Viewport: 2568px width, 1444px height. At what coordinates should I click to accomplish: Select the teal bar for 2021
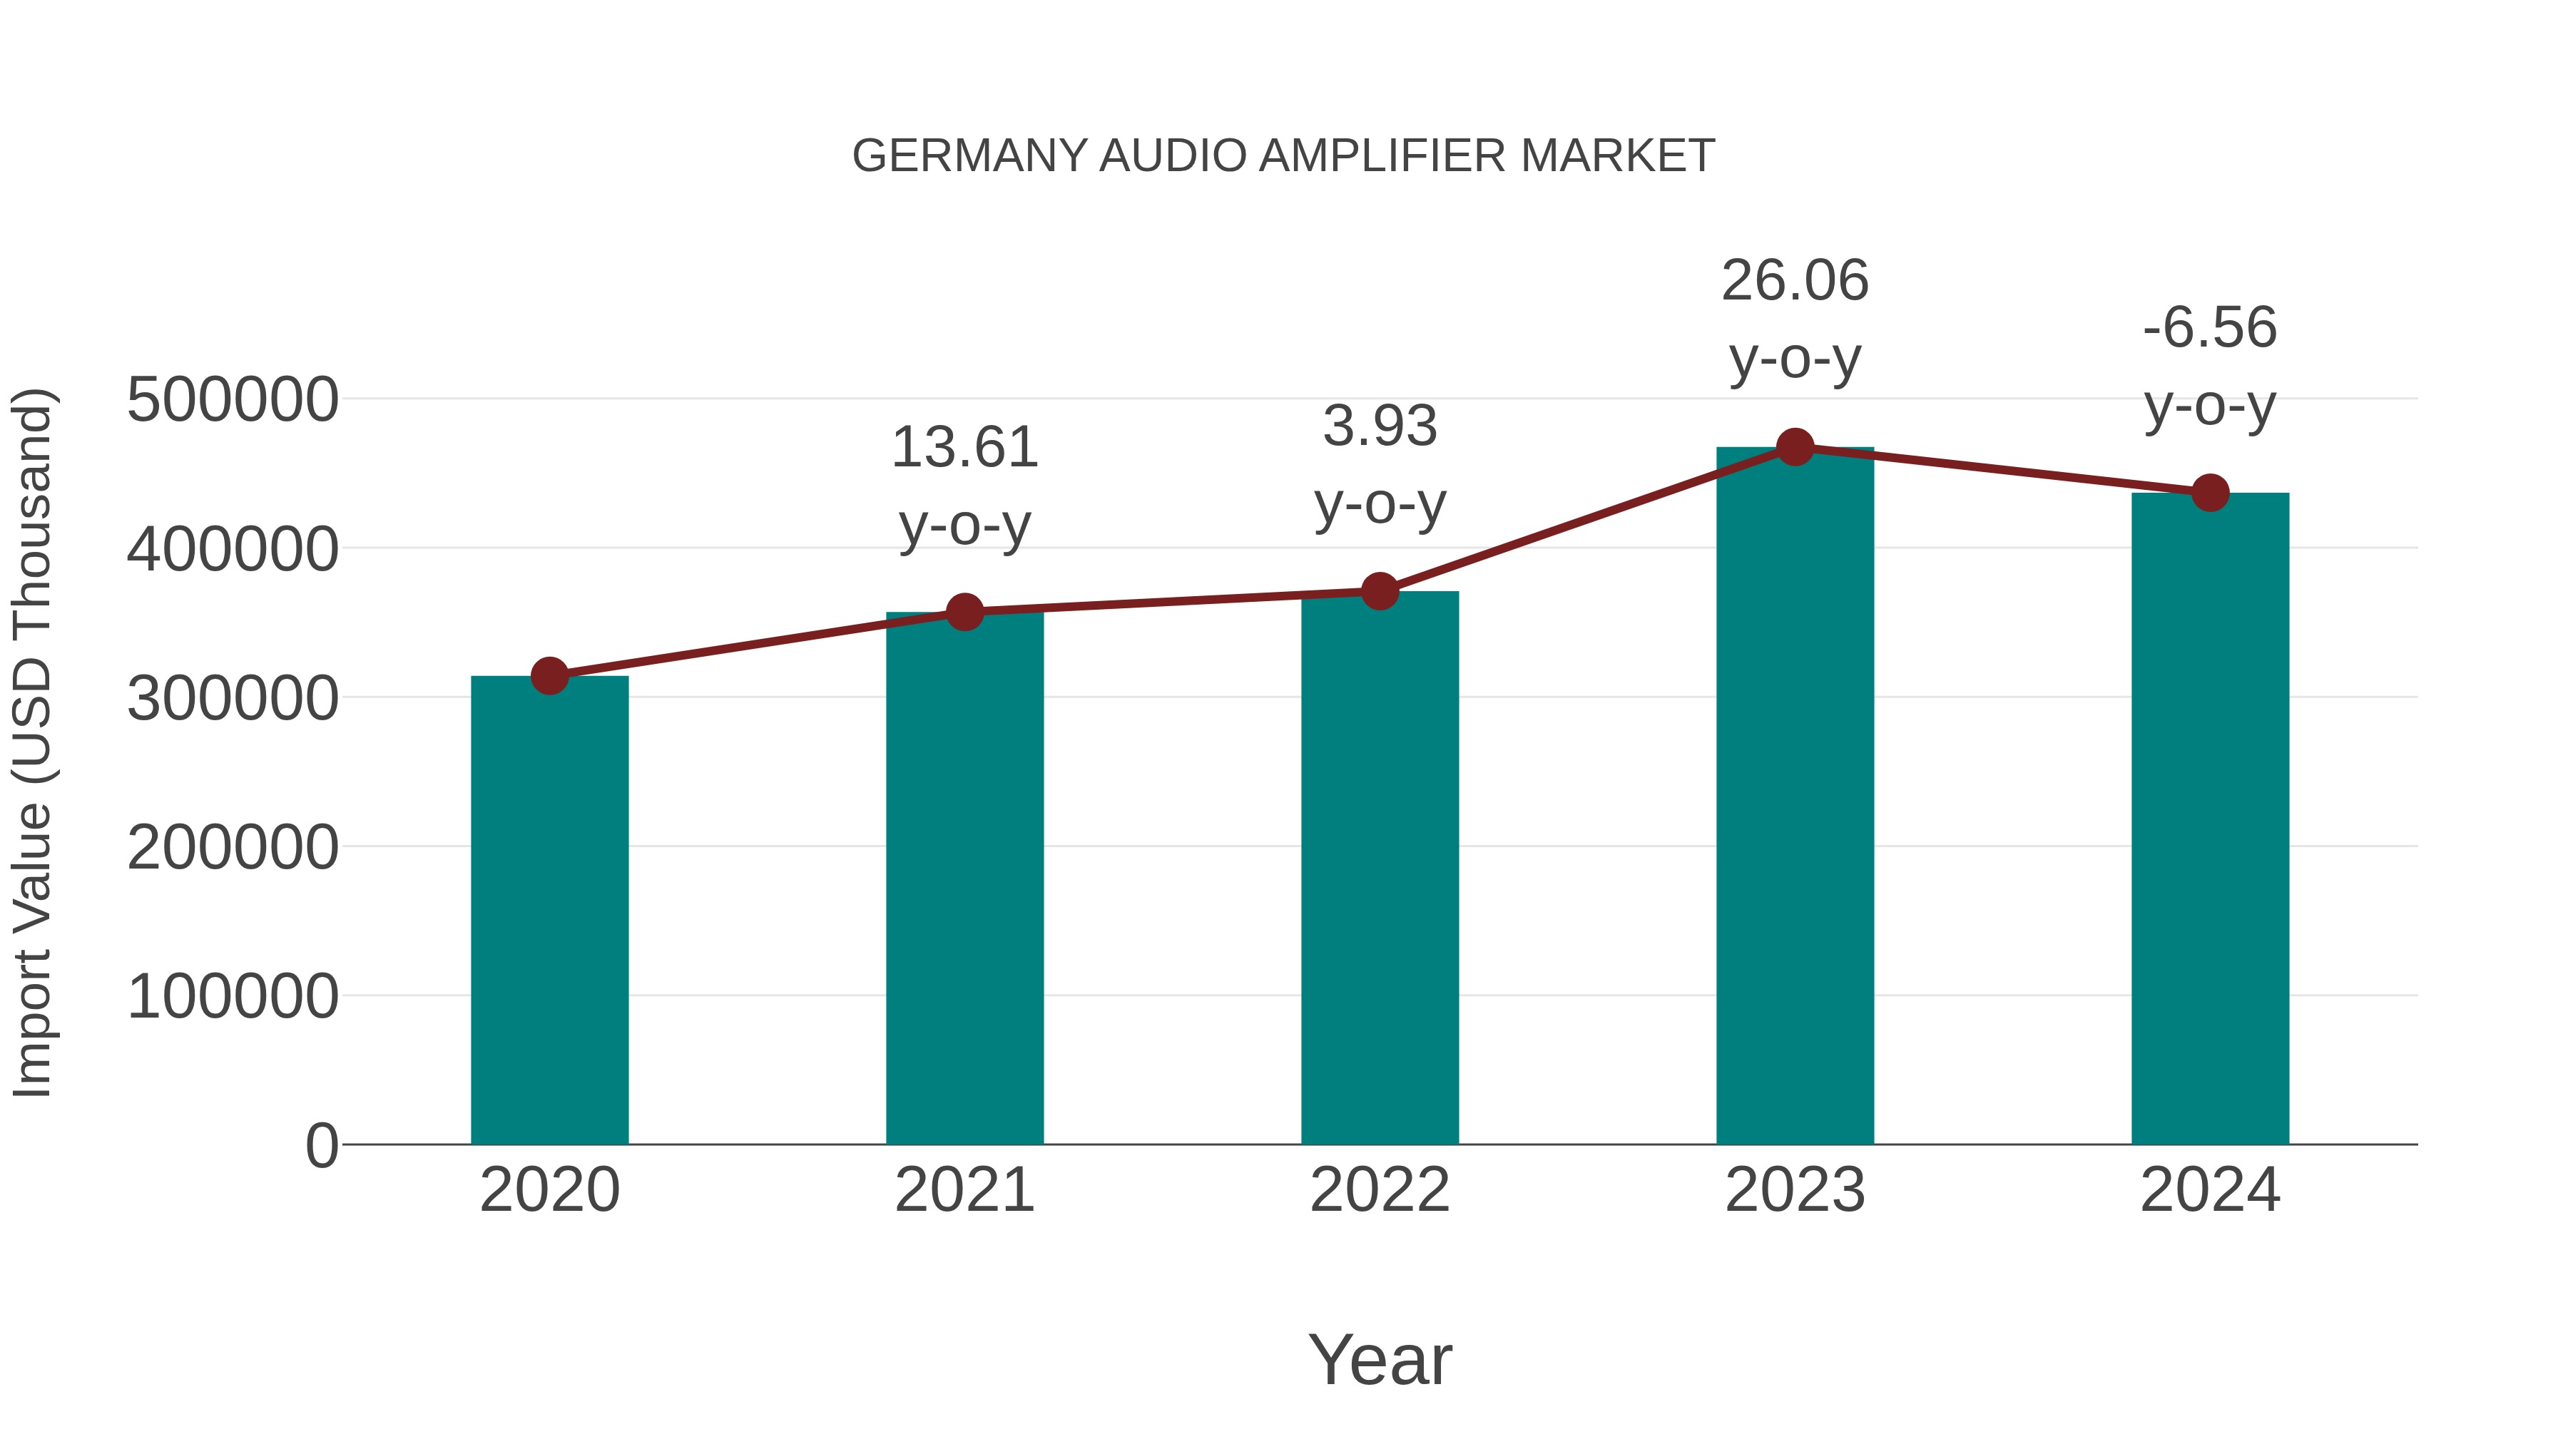(964, 877)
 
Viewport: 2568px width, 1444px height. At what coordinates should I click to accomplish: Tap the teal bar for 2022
(1380, 867)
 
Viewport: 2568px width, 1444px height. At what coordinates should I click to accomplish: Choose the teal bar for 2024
(2210, 817)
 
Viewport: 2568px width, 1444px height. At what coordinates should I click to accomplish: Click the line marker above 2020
(549, 676)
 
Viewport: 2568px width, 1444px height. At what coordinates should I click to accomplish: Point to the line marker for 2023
(1795, 447)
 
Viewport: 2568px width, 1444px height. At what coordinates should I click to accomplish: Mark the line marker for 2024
(2210, 492)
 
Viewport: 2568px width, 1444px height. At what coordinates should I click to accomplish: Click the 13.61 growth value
(964, 447)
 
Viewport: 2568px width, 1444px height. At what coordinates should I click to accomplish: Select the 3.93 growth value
(1380, 426)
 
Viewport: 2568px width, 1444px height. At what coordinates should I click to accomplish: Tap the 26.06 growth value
(1795, 281)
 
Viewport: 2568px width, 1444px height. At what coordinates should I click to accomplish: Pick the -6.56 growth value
(2210, 328)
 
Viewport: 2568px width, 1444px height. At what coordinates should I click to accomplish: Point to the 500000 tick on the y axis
(233, 401)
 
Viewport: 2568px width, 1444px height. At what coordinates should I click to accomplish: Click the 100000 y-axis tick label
(233, 997)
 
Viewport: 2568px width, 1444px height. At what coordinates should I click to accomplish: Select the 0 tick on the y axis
(321, 1146)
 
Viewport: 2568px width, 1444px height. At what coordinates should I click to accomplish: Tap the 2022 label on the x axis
(1380, 1191)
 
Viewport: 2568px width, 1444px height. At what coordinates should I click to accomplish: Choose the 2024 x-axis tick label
(2210, 1191)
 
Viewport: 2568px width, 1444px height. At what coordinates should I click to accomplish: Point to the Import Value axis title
(32, 742)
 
